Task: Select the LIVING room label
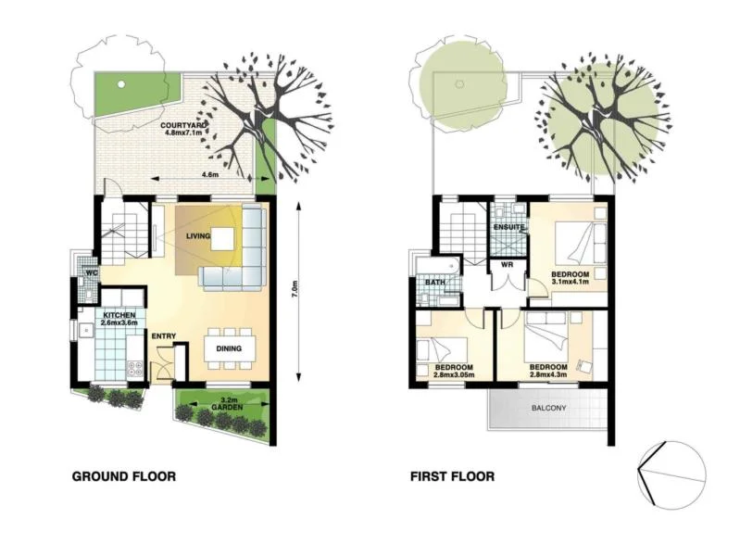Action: tap(198, 236)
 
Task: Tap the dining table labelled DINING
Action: tap(229, 348)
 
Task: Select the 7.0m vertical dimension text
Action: tap(295, 291)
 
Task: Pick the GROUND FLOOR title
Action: tap(123, 477)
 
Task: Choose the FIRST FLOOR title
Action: tap(452, 477)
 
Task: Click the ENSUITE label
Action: tap(508, 227)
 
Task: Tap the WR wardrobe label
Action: tap(507, 264)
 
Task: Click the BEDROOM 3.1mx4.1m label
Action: tap(571, 279)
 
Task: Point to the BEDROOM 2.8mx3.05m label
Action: tap(454, 372)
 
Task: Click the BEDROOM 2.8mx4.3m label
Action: tap(548, 372)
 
